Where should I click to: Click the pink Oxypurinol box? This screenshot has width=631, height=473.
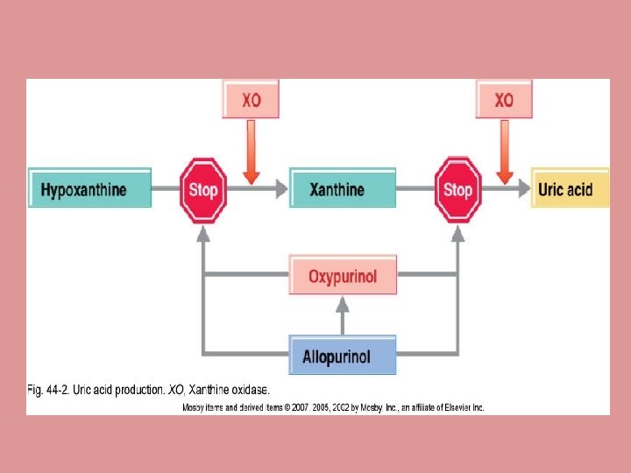pyautogui.click(x=343, y=276)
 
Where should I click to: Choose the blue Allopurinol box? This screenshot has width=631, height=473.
pyautogui.click(x=343, y=355)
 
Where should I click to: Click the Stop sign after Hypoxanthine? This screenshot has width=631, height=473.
pyautogui.click(x=203, y=189)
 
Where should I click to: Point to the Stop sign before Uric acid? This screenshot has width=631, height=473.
pyautogui.click(x=457, y=189)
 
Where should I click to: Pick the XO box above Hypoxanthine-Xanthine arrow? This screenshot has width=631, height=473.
pyautogui.click(x=252, y=100)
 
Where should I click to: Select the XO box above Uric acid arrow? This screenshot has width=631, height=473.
pyautogui.click(x=504, y=100)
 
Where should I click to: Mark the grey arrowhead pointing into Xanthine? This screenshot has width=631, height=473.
pyautogui.click(x=282, y=188)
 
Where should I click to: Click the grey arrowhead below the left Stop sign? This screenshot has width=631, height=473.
pyautogui.click(x=203, y=234)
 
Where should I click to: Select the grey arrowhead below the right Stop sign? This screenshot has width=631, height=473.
pyautogui.click(x=457, y=234)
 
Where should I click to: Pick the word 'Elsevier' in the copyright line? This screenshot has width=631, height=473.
pyautogui.click(x=452, y=407)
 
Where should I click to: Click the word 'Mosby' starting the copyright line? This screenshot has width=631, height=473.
pyautogui.click(x=195, y=407)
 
